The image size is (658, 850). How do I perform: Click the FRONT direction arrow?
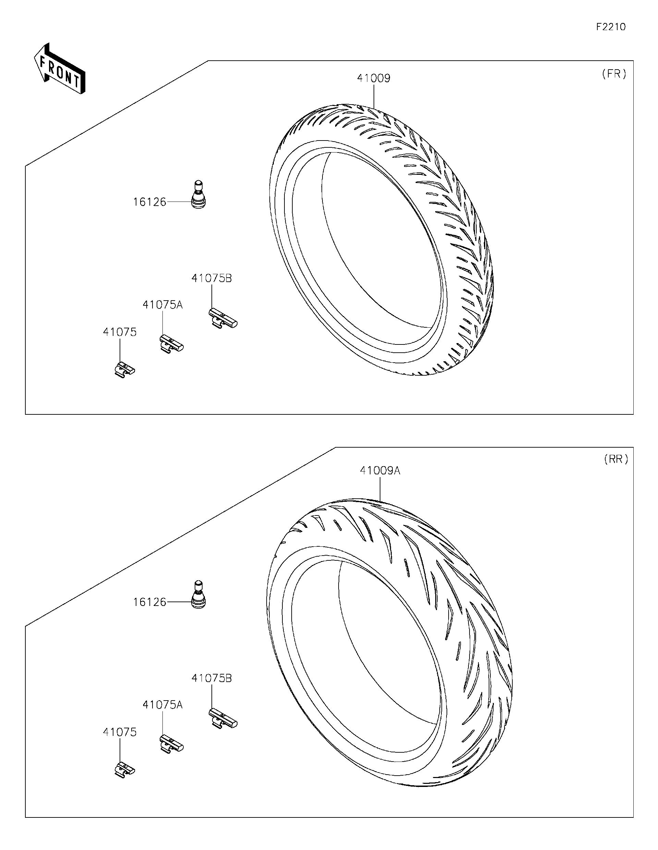pyautogui.click(x=59, y=69)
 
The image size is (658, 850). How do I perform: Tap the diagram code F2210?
pyautogui.click(x=610, y=27)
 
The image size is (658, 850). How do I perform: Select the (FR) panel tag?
pyautogui.click(x=614, y=74)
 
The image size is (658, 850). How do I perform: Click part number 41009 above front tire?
pyautogui.click(x=373, y=78)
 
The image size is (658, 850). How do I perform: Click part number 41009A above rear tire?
pyautogui.click(x=380, y=471)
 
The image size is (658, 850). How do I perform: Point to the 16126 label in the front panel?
pyautogui.click(x=149, y=202)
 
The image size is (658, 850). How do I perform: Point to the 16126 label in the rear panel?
pyautogui.click(x=149, y=602)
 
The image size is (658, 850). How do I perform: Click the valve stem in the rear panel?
pyautogui.click(x=198, y=595)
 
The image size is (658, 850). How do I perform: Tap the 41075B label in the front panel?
pyautogui.click(x=211, y=278)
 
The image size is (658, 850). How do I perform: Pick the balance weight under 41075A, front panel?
pyautogui.click(x=171, y=344)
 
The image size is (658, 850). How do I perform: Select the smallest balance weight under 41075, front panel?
pyautogui.click(x=124, y=370)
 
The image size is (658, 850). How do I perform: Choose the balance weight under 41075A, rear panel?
pyautogui.click(x=171, y=744)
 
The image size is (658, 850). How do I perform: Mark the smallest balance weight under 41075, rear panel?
pyautogui.click(x=124, y=770)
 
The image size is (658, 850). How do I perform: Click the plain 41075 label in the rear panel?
pyautogui.click(x=120, y=732)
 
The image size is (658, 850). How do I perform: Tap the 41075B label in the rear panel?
pyautogui.click(x=211, y=678)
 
